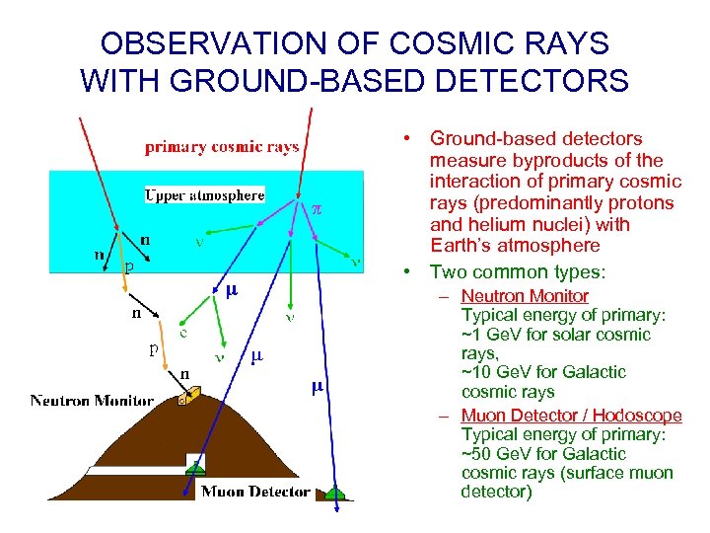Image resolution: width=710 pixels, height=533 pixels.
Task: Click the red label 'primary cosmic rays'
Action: click(222, 148)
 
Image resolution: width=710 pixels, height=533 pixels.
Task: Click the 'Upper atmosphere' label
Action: click(205, 194)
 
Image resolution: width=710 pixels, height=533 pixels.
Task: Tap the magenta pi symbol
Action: click(317, 209)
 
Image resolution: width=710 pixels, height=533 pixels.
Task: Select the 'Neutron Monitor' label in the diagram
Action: click(92, 401)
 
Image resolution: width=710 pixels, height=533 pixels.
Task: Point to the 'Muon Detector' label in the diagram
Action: click(255, 491)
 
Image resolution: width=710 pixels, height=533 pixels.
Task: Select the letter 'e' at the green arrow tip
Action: click(183, 333)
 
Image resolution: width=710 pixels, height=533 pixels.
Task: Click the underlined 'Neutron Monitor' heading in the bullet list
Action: click(525, 296)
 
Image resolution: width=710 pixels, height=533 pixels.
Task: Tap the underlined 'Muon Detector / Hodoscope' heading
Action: click(571, 416)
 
